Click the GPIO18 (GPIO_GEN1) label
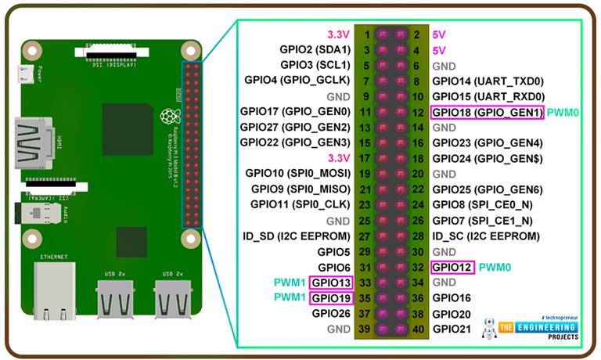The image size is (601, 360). coord(487,112)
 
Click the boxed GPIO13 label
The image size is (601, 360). coord(331,282)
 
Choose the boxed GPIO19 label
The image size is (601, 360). coord(331,297)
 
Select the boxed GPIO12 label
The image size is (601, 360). coord(452,267)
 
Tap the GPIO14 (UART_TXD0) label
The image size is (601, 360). coord(488,81)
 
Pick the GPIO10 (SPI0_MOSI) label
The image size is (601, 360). coord(297,173)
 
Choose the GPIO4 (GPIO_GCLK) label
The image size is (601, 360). coord(297,81)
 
